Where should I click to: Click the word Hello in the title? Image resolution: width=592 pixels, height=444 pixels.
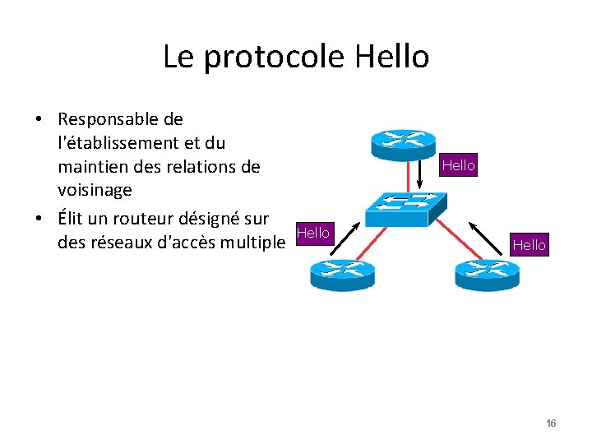[392, 57]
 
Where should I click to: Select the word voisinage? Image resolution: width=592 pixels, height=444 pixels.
[95, 190]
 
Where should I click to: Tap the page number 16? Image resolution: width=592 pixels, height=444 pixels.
[551, 423]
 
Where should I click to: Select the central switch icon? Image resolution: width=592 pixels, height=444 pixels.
[405, 205]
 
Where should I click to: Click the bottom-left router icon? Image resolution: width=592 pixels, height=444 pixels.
[342, 274]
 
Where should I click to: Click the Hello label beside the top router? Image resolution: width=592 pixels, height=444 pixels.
[458, 165]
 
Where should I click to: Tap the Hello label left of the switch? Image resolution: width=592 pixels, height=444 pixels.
[312, 233]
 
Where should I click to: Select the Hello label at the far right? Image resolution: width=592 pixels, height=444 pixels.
[529, 244]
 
